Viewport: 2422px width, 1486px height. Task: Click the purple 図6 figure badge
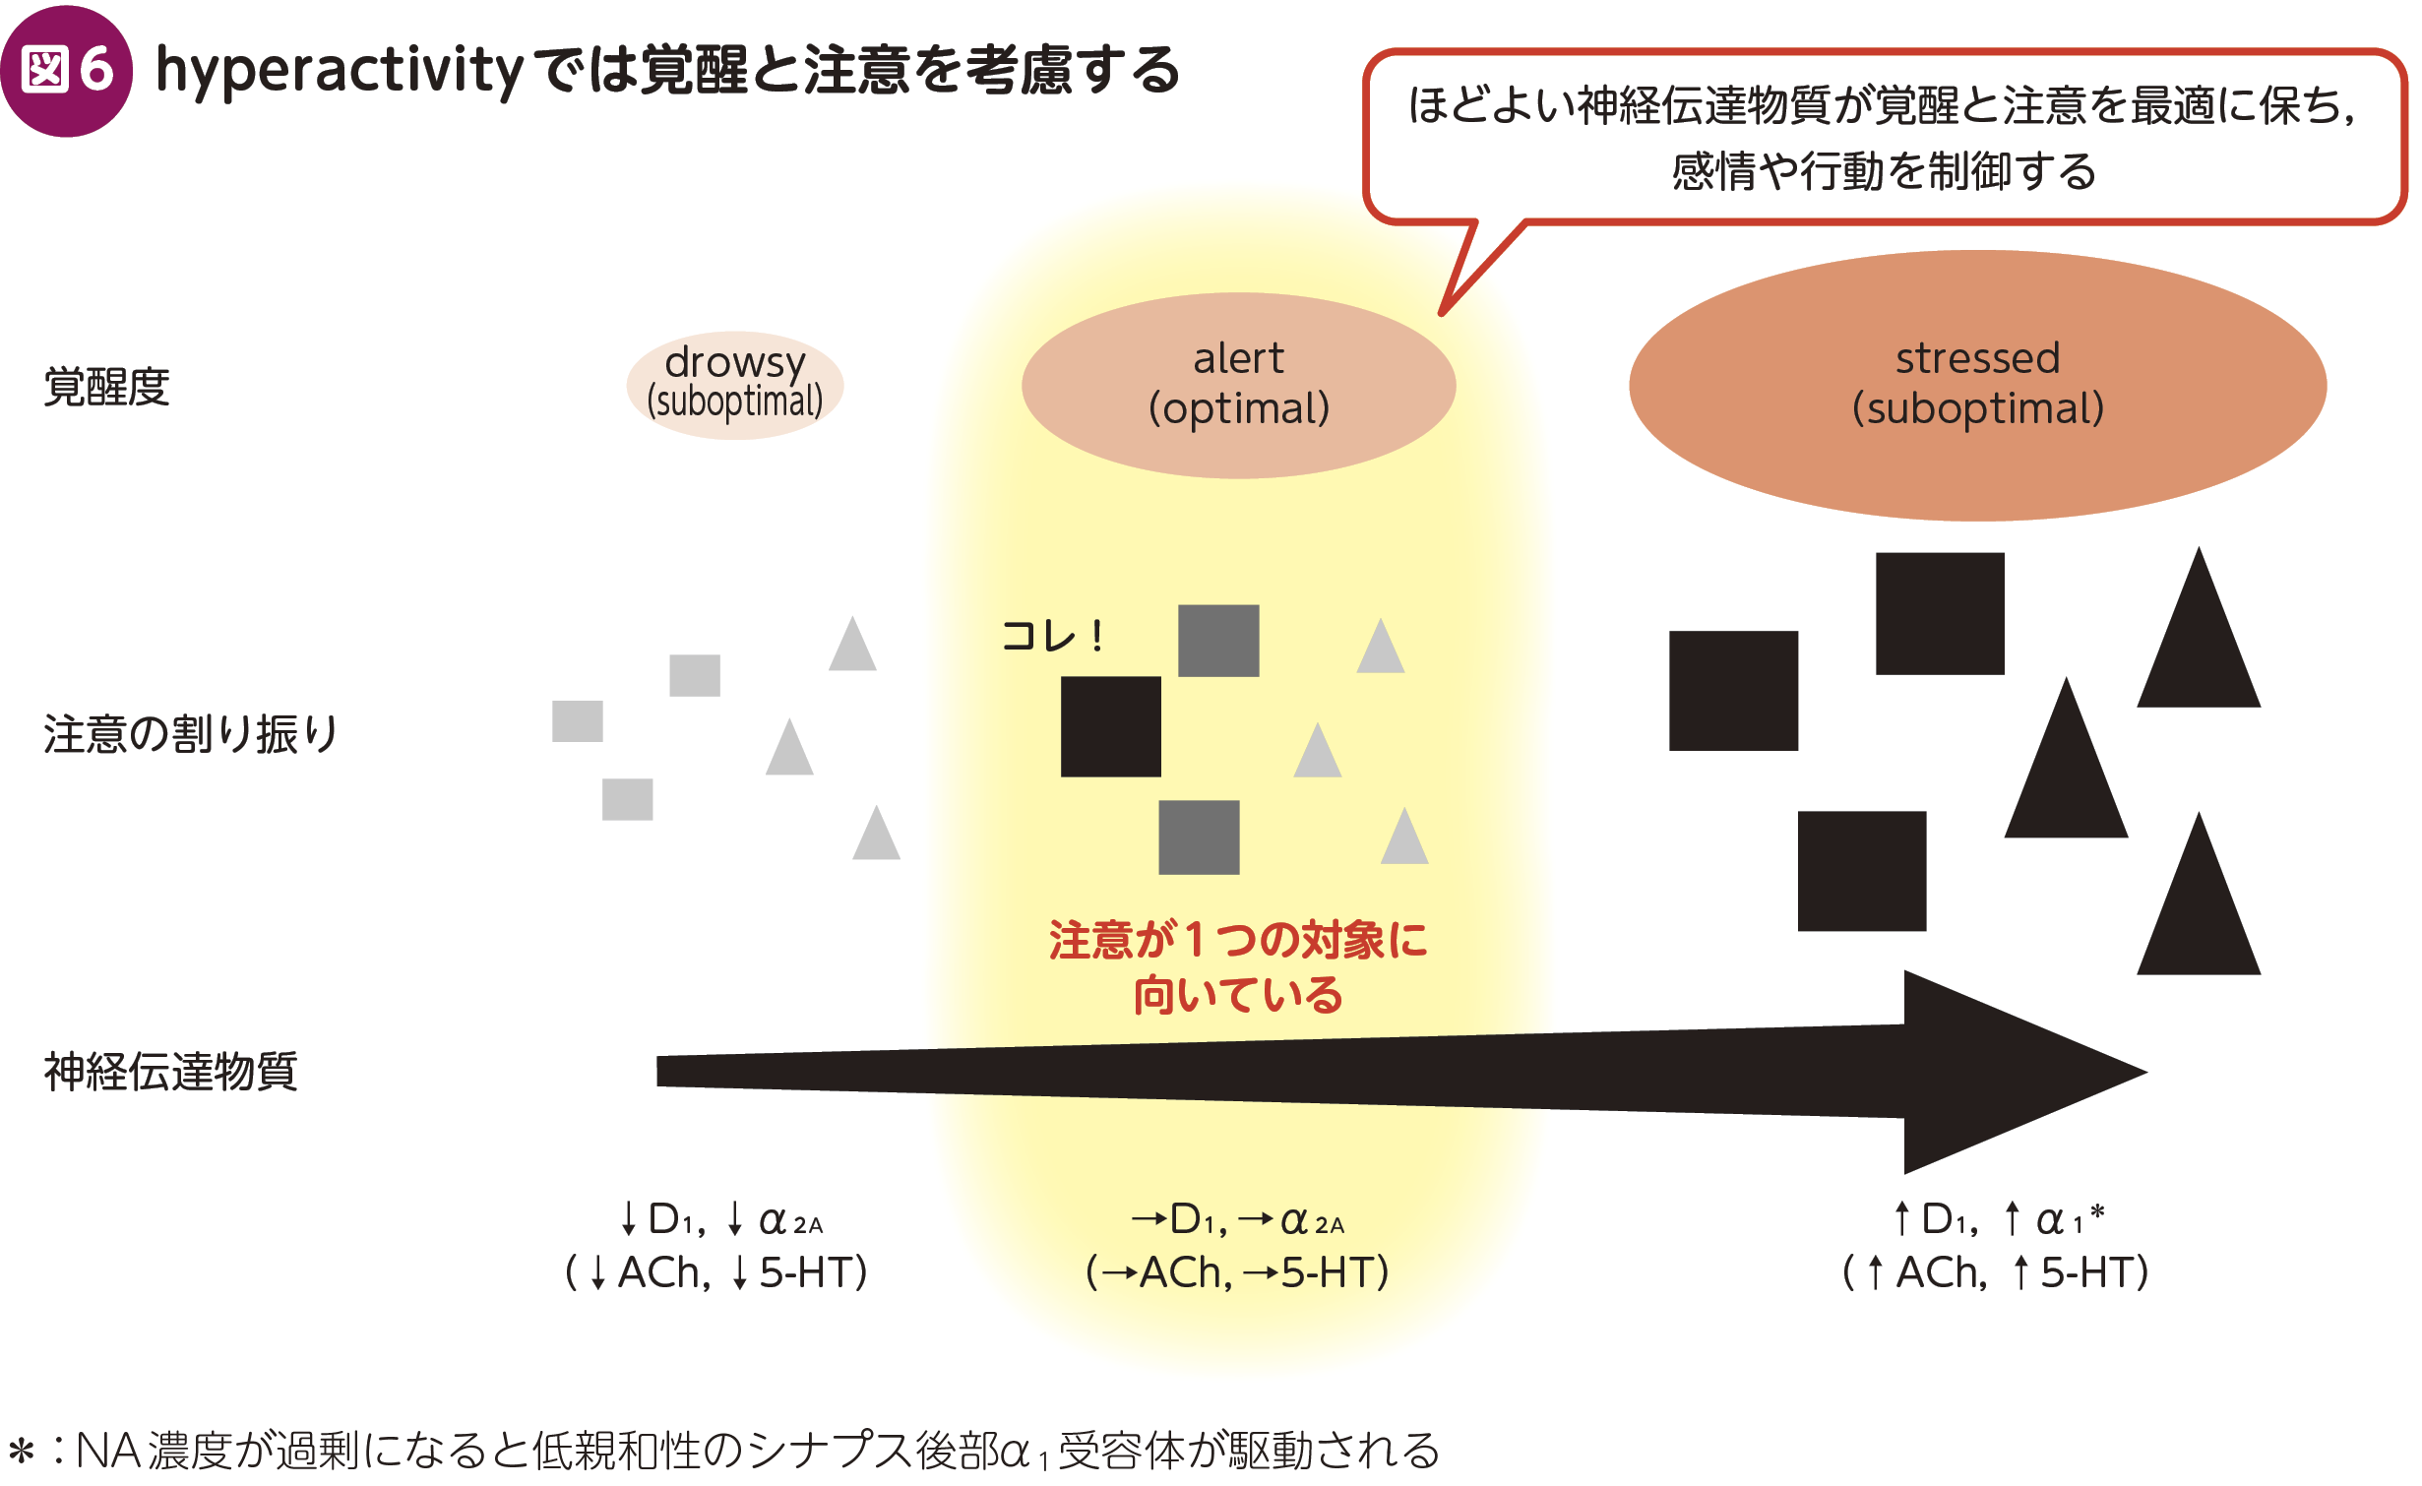click(x=66, y=71)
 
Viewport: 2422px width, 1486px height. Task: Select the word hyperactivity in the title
click(x=340, y=71)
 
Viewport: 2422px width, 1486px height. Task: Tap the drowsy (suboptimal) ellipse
click(x=734, y=385)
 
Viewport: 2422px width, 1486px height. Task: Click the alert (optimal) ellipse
click(x=1238, y=385)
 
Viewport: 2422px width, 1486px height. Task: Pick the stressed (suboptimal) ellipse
click(x=1977, y=385)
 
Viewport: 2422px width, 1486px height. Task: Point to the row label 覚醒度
click(x=106, y=387)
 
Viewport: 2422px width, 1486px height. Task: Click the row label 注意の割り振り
click(x=190, y=734)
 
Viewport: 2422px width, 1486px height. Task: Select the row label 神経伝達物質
click(x=169, y=1072)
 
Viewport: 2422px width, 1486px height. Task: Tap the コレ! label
click(x=1052, y=636)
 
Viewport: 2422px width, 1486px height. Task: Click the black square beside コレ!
click(x=1110, y=726)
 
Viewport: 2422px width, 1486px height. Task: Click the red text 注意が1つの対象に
click(x=1237, y=939)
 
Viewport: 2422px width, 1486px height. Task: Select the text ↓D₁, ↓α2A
click(x=720, y=1221)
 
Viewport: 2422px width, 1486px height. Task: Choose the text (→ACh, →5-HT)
click(x=1237, y=1272)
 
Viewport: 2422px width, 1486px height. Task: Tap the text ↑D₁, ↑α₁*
click(x=1998, y=1220)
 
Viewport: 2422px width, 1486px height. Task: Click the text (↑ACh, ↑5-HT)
click(x=1995, y=1272)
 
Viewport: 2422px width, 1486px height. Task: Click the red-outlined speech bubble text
click(x=1882, y=138)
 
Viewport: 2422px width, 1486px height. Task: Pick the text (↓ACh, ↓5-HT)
click(x=716, y=1272)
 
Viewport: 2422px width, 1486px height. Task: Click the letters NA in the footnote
click(x=107, y=1451)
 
